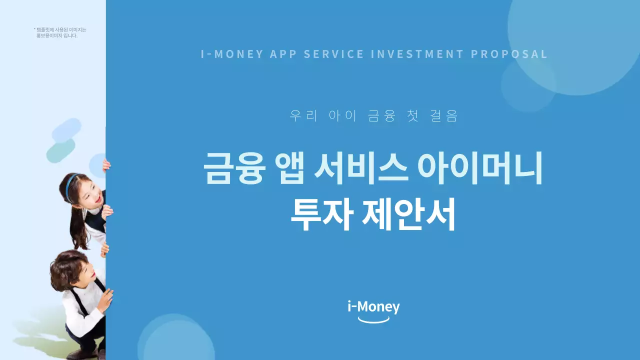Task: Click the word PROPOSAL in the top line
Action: click(x=509, y=54)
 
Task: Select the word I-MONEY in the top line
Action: click(x=232, y=54)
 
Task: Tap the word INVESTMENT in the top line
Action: click(x=417, y=54)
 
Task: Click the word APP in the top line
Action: click(x=283, y=54)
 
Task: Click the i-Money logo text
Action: click(x=373, y=306)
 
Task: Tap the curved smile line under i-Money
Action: click(x=373, y=320)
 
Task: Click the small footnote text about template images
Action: click(x=60, y=32)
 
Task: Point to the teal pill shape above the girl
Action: click(x=60, y=150)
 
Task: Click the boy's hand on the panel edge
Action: click(x=106, y=299)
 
